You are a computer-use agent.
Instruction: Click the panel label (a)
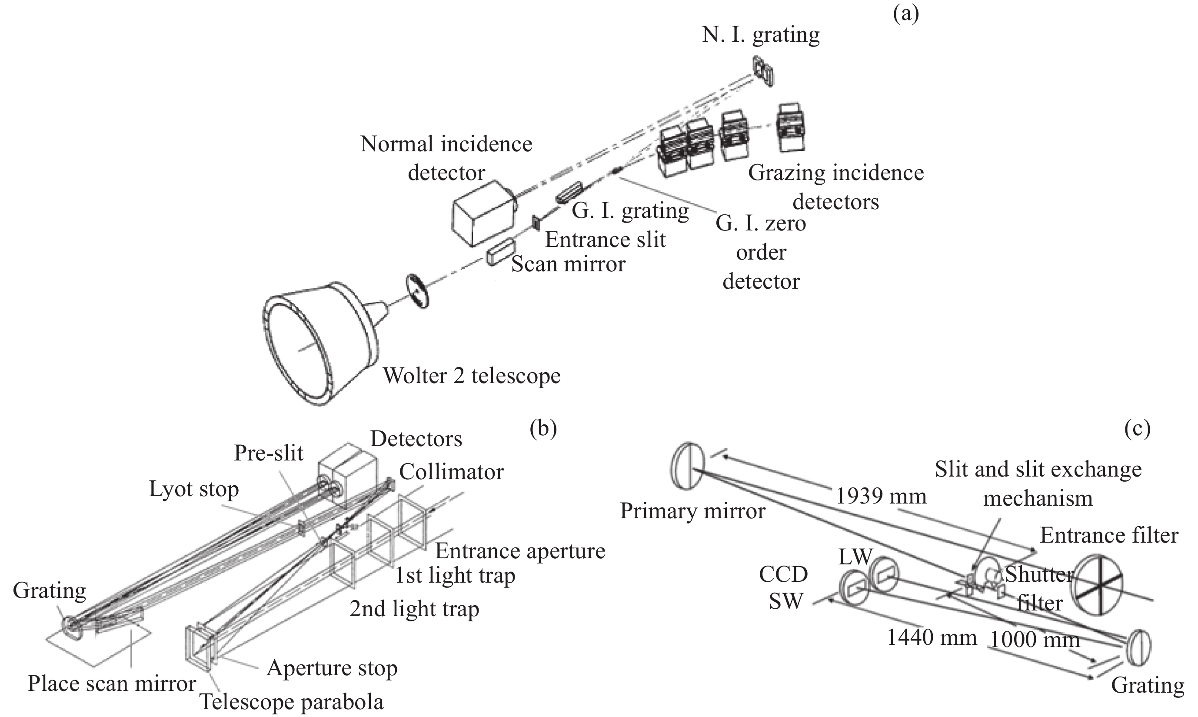pyautogui.click(x=906, y=13)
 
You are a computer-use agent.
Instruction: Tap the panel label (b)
pyautogui.click(x=543, y=427)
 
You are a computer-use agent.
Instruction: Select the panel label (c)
pyautogui.click(x=1137, y=427)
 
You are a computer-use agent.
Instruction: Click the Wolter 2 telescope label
pyautogui.click(x=472, y=375)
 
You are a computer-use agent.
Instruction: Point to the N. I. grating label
pyautogui.click(x=761, y=35)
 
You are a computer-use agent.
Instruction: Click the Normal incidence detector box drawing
pyautogui.click(x=483, y=213)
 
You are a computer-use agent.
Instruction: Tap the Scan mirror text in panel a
pyautogui.click(x=568, y=264)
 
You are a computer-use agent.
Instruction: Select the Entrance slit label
pyautogui.click(x=605, y=240)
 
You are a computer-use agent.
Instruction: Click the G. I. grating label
pyautogui.click(x=630, y=210)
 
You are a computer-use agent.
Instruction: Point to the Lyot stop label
pyautogui.click(x=193, y=489)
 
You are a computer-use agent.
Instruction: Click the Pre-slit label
pyautogui.click(x=269, y=453)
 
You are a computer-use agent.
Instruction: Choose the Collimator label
pyautogui.click(x=451, y=472)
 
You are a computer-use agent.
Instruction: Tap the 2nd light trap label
pyautogui.click(x=414, y=609)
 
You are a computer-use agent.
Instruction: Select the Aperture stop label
pyautogui.click(x=332, y=668)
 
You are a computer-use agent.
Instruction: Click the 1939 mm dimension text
pyautogui.click(x=881, y=496)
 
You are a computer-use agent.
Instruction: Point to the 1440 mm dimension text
pyautogui.click(x=932, y=638)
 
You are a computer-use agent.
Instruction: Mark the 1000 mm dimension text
pyautogui.click(x=1034, y=640)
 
